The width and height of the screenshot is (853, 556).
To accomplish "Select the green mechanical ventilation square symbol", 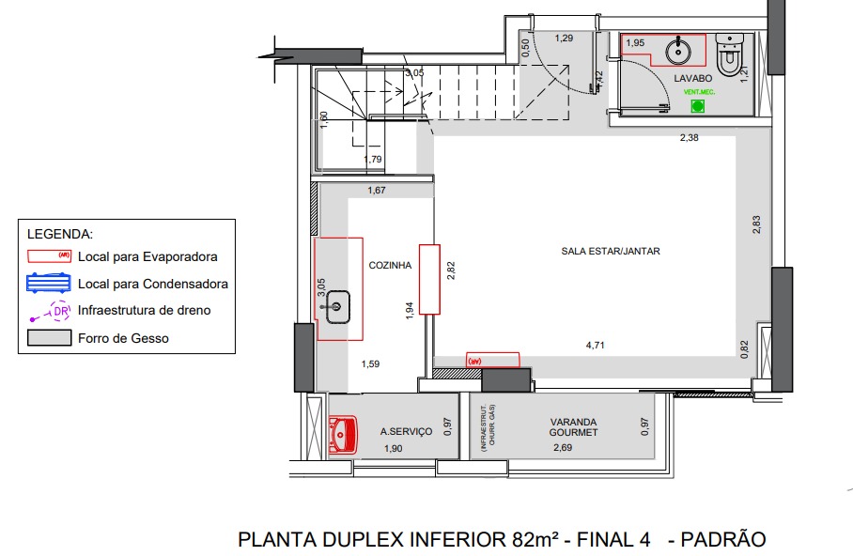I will [x=698, y=106].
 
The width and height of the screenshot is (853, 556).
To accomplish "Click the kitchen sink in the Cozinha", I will [x=337, y=304].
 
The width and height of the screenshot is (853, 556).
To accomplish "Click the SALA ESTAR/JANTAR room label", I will [x=611, y=252].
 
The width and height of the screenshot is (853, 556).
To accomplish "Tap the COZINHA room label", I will [x=390, y=266].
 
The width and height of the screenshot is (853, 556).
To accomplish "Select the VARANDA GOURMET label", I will [x=574, y=427].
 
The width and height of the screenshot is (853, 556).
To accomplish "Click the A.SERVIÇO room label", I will [x=406, y=432].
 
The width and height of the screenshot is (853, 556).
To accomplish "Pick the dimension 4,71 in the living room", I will [x=595, y=346].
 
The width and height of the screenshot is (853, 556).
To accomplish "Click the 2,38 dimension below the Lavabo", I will [x=690, y=138].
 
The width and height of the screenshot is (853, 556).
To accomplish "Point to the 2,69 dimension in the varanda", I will [x=563, y=449].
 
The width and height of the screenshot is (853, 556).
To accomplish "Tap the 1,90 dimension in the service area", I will [x=393, y=450].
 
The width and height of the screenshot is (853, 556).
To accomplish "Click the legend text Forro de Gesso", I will [x=123, y=338].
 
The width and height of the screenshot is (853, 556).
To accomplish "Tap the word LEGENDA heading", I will [x=60, y=233].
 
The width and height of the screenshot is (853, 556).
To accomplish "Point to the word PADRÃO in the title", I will [x=722, y=540].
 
